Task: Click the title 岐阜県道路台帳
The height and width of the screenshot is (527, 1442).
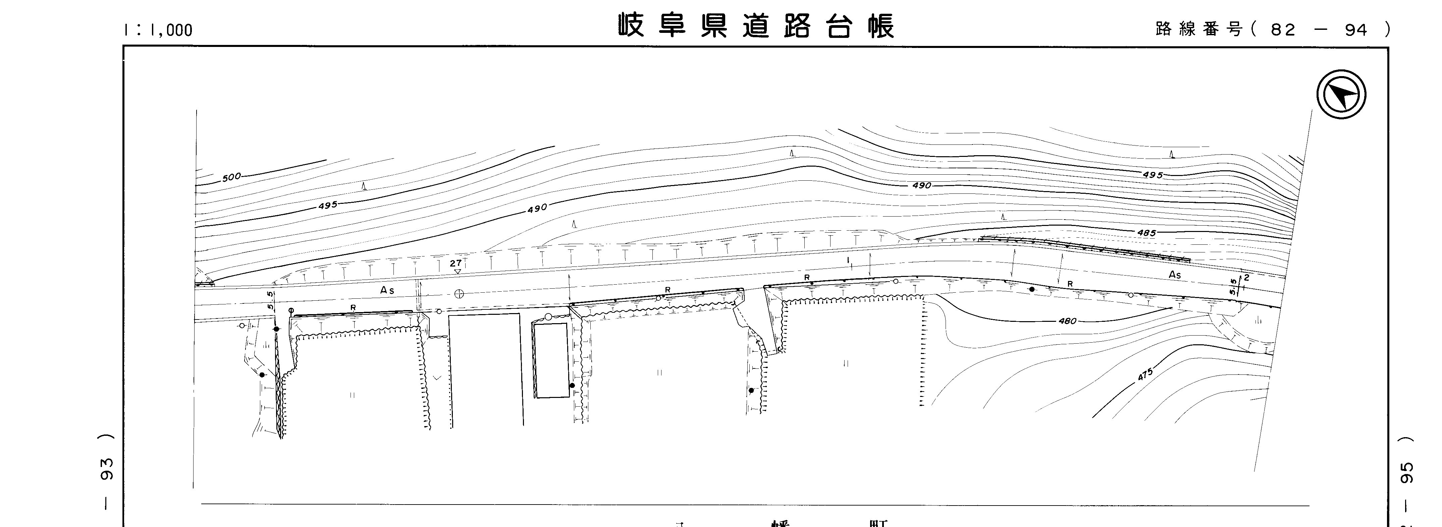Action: tap(757, 26)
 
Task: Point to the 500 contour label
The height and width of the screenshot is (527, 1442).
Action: tap(231, 177)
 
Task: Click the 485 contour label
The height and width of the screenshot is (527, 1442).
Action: tap(1146, 233)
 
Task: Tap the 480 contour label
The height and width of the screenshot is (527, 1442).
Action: tap(1068, 321)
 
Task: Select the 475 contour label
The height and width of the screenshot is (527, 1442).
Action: tap(1145, 374)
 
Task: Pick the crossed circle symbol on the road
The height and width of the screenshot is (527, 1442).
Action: tap(459, 294)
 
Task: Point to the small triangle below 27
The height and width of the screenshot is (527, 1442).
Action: tap(457, 271)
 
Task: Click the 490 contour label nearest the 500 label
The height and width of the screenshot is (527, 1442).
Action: tap(537, 209)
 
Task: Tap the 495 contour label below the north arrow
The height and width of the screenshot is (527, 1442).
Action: tap(1153, 175)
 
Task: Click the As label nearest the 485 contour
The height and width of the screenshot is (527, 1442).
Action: tap(1174, 275)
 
